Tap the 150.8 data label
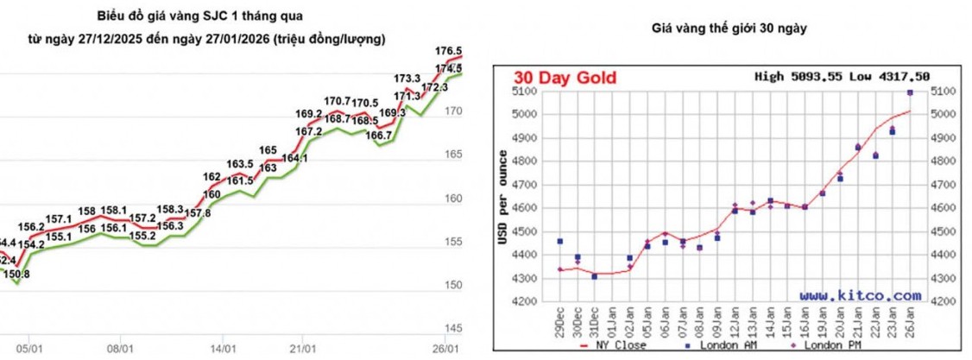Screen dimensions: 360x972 click(17, 274)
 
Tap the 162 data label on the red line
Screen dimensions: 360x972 click(212, 177)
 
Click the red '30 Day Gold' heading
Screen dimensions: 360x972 click(566, 77)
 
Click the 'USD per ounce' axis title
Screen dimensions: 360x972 click(502, 194)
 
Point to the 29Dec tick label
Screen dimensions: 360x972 click(560, 322)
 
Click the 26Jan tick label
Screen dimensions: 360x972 click(910, 322)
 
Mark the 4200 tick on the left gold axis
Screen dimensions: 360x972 click(525, 302)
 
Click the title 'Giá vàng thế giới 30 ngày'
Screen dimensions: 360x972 click(729, 28)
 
